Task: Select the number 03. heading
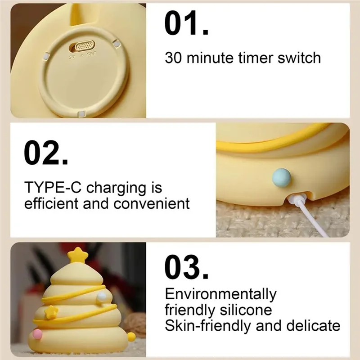pyautogui.click(x=186, y=268)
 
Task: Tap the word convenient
pyautogui.click(x=155, y=203)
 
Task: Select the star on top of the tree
pyautogui.click(x=78, y=255)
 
